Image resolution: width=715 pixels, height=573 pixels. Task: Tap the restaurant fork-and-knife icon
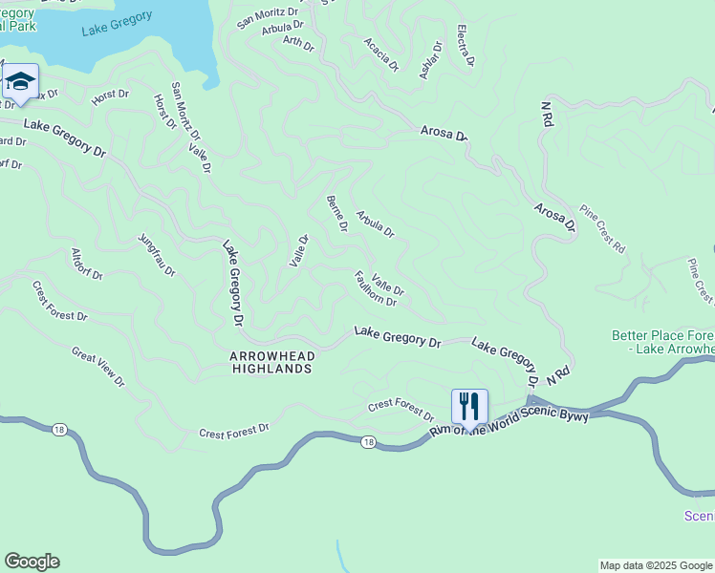click(x=469, y=406)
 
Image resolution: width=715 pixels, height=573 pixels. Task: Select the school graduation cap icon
click(x=20, y=81)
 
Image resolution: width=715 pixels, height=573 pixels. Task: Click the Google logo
click(x=32, y=562)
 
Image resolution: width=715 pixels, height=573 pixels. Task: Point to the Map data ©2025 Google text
click(x=656, y=565)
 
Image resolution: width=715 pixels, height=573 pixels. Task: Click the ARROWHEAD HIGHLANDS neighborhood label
click(x=271, y=362)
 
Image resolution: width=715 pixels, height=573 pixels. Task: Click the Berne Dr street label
click(x=336, y=212)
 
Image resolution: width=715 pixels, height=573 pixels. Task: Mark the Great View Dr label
click(x=98, y=367)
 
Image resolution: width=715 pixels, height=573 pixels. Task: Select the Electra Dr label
click(x=465, y=46)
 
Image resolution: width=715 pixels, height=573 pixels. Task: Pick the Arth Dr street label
click(x=298, y=43)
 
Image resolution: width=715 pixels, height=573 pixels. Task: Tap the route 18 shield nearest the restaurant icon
click(x=367, y=441)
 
